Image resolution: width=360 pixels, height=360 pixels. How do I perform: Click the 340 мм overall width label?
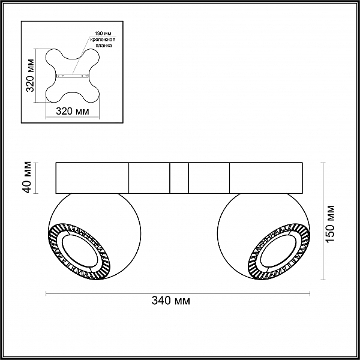tap(171, 301)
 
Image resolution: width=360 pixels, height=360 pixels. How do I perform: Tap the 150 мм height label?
tap(330, 223)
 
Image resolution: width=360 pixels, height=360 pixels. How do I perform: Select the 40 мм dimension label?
tap(27, 177)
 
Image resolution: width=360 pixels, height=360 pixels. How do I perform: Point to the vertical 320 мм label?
tap(30, 76)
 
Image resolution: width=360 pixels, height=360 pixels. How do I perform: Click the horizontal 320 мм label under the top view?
tap(73, 112)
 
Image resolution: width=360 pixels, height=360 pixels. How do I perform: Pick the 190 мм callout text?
tap(103, 32)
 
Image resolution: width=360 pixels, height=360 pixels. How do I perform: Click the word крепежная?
tap(103, 40)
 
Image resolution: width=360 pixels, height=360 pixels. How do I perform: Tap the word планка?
tap(104, 46)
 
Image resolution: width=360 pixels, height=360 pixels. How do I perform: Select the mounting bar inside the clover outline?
tap(73, 76)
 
